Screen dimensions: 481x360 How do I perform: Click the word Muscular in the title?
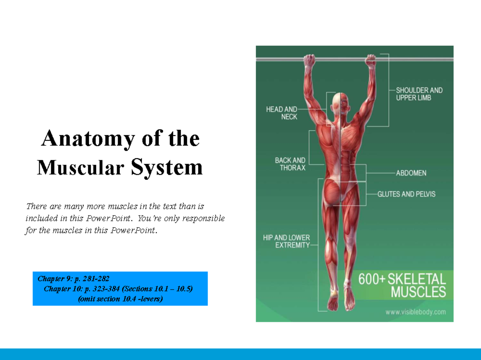click(x=81, y=167)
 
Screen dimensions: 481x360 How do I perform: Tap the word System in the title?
click(x=167, y=168)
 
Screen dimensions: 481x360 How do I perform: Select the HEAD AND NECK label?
click(x=282, y=113)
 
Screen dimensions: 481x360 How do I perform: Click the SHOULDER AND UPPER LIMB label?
click(x=419, y=94)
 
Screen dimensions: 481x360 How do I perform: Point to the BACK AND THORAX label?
click(x=290, y=164)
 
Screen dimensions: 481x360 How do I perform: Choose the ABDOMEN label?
click(x=411, y=173)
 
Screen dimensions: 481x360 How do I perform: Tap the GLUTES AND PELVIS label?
click(x=406, y=194)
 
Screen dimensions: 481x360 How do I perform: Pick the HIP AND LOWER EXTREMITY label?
click(x=287, y=241)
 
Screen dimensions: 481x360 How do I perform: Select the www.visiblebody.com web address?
click(x=416, y=312)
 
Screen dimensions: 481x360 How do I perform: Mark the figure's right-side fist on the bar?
click(x=370, y=60)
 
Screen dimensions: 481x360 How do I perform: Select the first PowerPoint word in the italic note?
click(x=108, y=218)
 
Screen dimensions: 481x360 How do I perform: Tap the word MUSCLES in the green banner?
click(x=418, y=292)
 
